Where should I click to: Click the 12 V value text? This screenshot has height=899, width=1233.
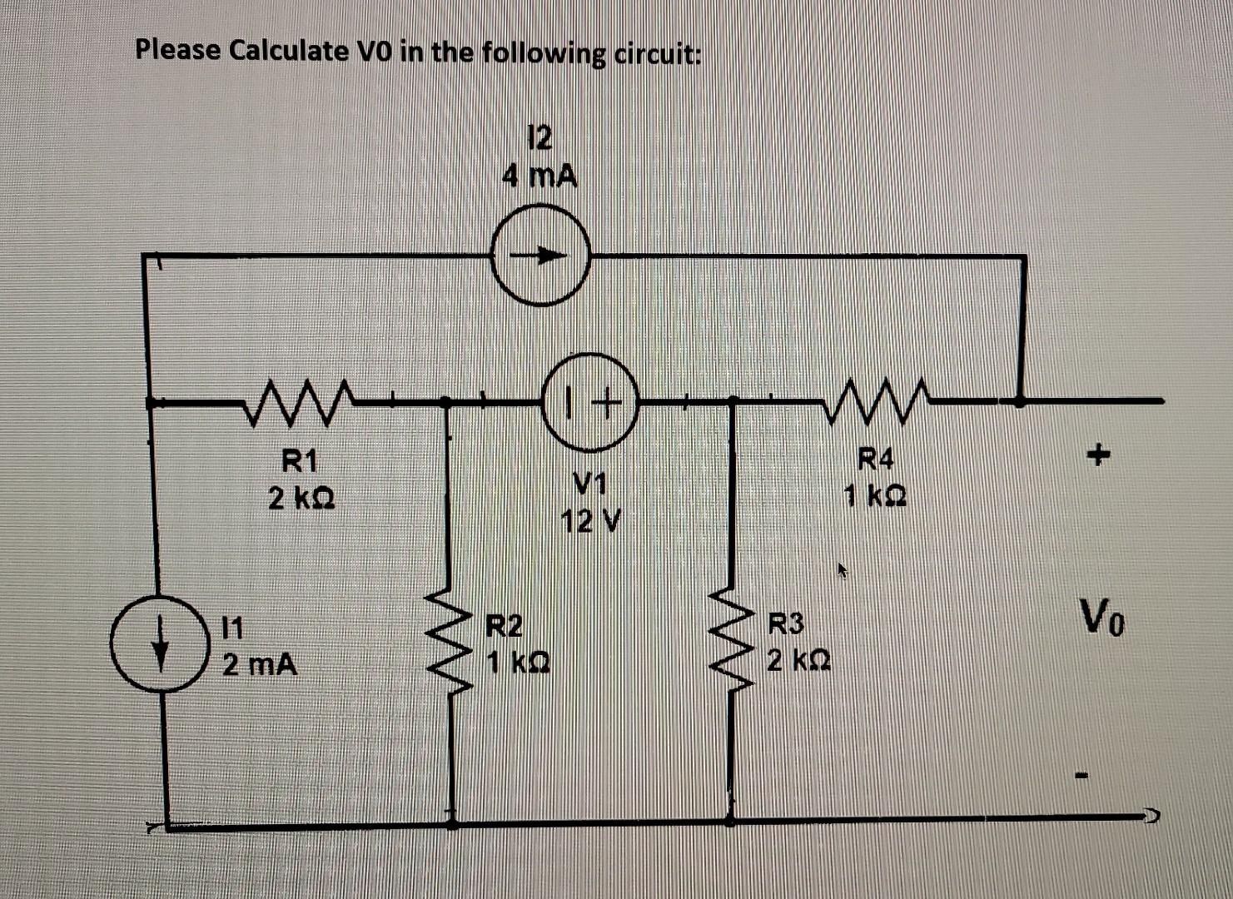tap(590, 522)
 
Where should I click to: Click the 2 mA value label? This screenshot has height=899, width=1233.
tap(260, 665)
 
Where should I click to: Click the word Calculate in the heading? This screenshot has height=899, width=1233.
tap(288, 51)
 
